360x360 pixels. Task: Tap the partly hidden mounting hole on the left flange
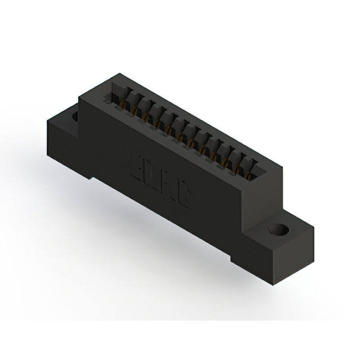pyautogui.click(x=75, y=117)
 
